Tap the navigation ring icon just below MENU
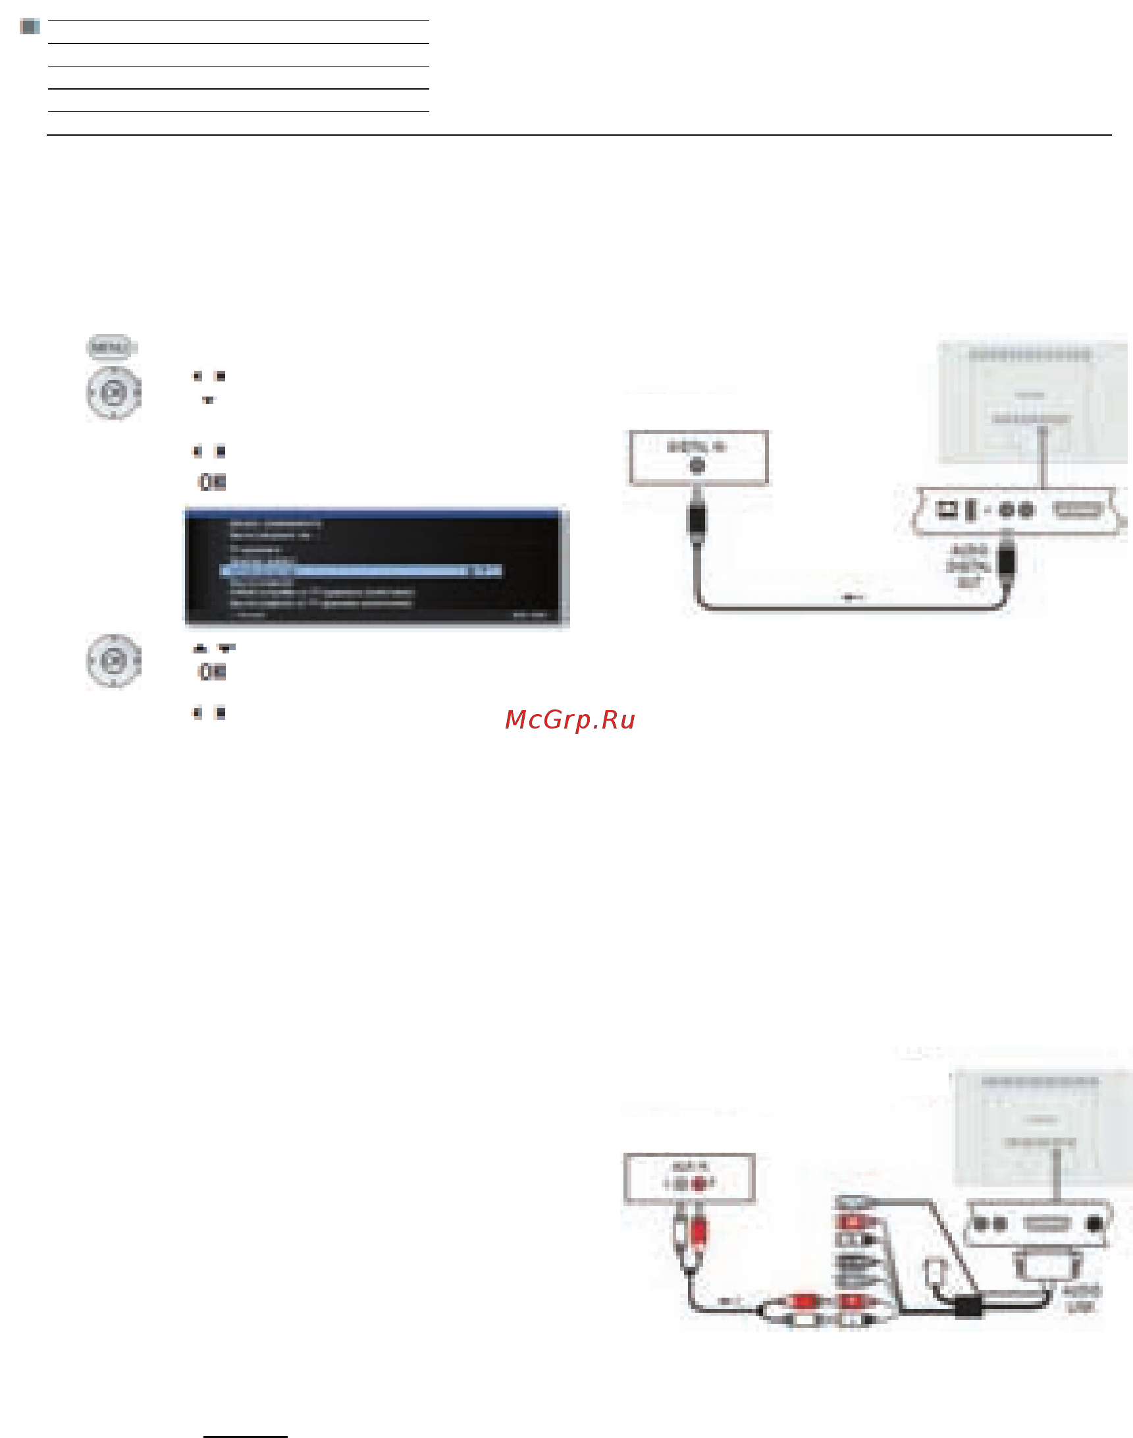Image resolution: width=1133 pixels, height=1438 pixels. (x=113, y=393)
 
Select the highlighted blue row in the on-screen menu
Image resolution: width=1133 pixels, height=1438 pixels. (x=361, y=570)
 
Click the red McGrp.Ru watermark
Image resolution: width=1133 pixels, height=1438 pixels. (x=570, y=720)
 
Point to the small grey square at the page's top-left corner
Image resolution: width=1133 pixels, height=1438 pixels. (x=30, y=27)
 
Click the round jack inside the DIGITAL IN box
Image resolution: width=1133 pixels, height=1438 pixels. (x=697, y=466)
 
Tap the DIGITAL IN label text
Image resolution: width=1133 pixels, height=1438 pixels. (x=696, y=447)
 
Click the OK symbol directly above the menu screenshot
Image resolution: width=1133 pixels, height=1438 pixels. (x=212, y=482)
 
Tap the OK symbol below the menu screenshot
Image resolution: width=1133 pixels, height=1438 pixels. (x=212, y=672)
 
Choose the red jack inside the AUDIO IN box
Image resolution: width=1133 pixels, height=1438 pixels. (x=698, y=1183)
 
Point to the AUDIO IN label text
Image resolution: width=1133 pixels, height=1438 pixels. (x=691, y=1166)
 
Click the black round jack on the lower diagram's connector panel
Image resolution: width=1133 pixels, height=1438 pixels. (x=1095, y=1223)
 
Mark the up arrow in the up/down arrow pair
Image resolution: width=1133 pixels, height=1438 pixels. (x=199, y=648)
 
